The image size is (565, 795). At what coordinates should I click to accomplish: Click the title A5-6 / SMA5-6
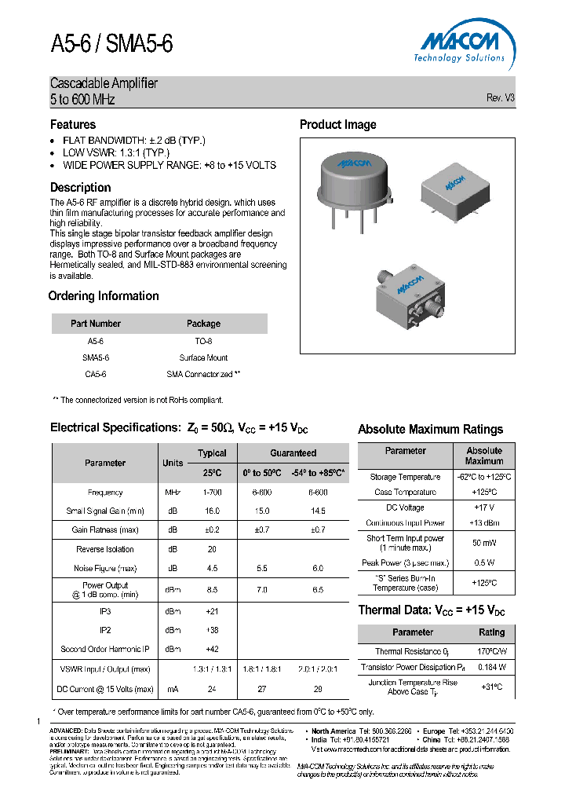click(111, 45)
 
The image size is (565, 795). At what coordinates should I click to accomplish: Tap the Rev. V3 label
click(500, 98)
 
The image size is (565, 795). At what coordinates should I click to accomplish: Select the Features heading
click(73, 125)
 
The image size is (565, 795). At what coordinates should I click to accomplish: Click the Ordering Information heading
click(104, 296)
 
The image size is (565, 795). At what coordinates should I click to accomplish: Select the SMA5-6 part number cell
click(95, 357)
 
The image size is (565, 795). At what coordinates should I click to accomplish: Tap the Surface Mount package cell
click(203, 357)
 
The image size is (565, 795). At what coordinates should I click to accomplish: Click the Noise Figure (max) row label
click(105, 568)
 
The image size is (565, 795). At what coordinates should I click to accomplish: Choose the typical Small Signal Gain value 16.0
click(212, 511)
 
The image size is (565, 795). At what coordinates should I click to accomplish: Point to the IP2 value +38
click(212, 630)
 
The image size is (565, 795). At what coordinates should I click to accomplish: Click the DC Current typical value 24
click(212, 689)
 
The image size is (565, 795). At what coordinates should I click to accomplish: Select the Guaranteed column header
click(293, 453)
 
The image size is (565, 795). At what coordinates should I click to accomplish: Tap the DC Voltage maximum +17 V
click(484, 507)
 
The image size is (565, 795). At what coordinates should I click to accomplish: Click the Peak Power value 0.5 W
click(484, 563)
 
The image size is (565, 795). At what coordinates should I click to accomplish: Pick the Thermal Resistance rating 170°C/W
click(491, 651)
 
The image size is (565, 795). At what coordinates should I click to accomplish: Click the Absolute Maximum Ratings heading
click(430, 430)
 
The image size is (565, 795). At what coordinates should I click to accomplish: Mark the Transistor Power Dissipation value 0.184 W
click(491, 667)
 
